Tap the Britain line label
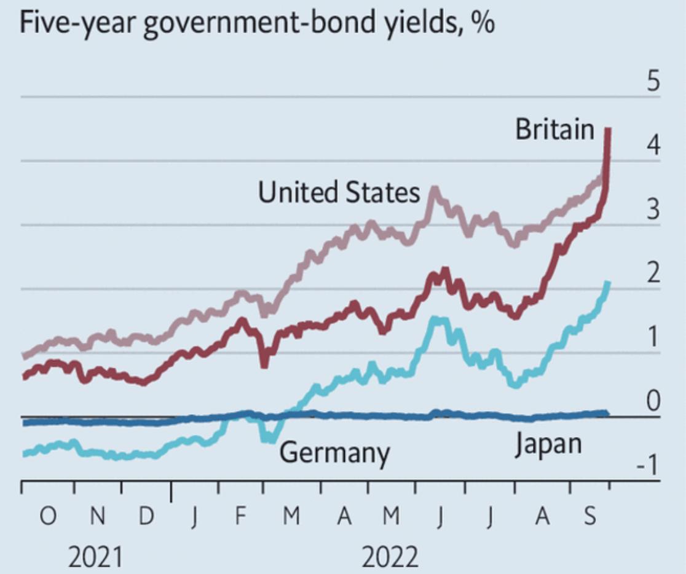[x=554, y=129]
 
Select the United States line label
[x=339, y=192]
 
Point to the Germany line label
[x=334, y=454]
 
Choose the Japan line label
[x=548, y=443]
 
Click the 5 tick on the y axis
[x=653, y=82]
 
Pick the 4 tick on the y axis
[x=653, y=146]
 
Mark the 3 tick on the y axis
[x=653, y=210]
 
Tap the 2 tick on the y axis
[x=653, y=273]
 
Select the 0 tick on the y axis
[x=653, y=401]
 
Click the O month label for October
[x=47, y=517]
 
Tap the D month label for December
[x=145, y=517]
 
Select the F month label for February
[x=242, y=517]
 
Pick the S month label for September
[x=589, y=517]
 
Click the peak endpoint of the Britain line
[x=607, y=129]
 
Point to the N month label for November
[x=97, y=517]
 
